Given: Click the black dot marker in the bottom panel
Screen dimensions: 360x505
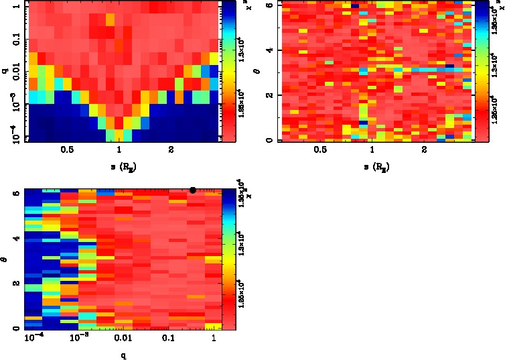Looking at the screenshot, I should click(x=193, y=190).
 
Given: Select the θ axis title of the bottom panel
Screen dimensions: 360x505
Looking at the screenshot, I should click(x=6, y=257).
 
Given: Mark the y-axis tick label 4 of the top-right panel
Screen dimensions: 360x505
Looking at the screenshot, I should click(x=268, y=50).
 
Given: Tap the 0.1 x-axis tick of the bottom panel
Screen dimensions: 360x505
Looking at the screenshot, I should click(x=168, y=340).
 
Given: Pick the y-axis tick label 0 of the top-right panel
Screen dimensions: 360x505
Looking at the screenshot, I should click(x=268, y=140).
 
